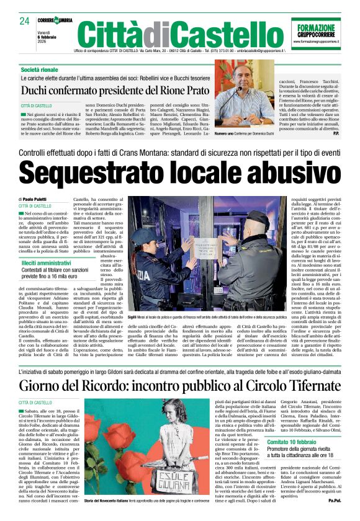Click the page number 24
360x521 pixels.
[x=25, y=21]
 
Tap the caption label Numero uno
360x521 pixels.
[x=226, y=133]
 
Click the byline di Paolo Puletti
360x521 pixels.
[x=35, y=199]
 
